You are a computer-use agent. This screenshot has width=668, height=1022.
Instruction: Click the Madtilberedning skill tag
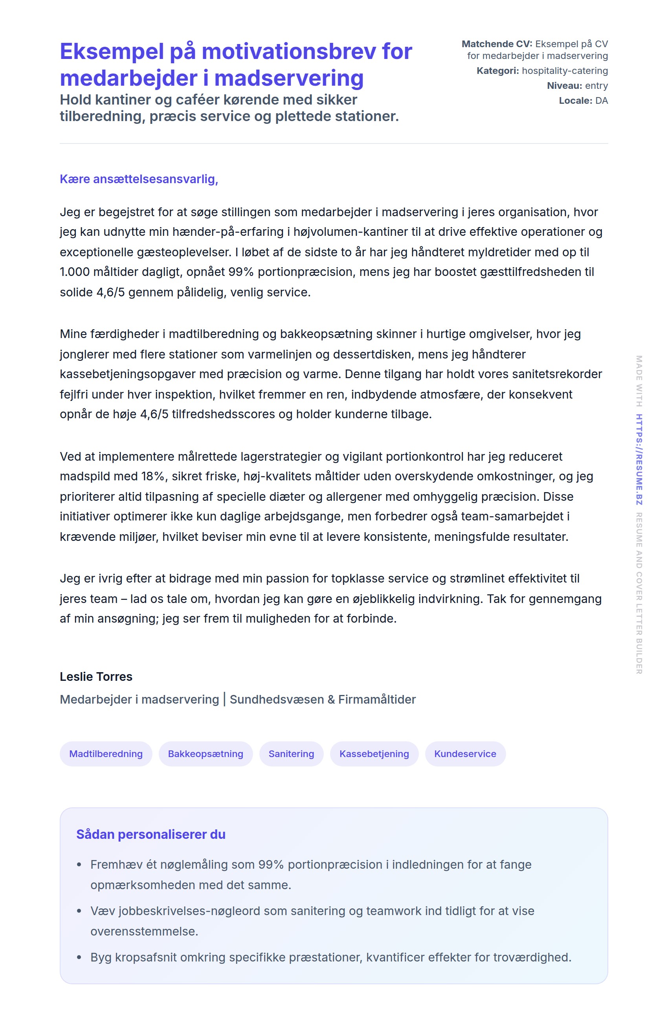pos(106,754)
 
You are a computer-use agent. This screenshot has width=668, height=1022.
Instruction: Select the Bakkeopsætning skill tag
pos(205,754)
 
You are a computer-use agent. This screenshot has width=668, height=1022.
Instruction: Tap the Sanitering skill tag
pos(291,754)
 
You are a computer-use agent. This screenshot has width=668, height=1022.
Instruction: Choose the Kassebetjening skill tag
pos(374,754)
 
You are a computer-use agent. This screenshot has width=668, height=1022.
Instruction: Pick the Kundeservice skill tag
pos(465,754)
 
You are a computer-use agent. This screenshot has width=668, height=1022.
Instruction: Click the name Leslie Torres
pos(96,676)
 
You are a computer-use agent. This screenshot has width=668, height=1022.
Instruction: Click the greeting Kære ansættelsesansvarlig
pos(139,179)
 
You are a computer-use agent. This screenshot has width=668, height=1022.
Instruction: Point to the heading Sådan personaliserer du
pos(150,834)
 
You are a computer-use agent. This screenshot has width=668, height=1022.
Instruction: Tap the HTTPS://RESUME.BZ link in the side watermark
pos(639,459)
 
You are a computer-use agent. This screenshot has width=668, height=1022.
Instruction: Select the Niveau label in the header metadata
pos(564,86)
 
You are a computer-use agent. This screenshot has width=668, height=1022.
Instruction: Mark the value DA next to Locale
pos(602,101)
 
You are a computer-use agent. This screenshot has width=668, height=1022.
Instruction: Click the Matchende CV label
pos(496,44)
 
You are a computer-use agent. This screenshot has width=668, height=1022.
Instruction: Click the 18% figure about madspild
pos(153,476)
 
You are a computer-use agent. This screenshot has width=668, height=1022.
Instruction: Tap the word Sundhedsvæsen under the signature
pos(277,700)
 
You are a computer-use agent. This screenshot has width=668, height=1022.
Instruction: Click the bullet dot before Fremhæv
pos(79,865)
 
